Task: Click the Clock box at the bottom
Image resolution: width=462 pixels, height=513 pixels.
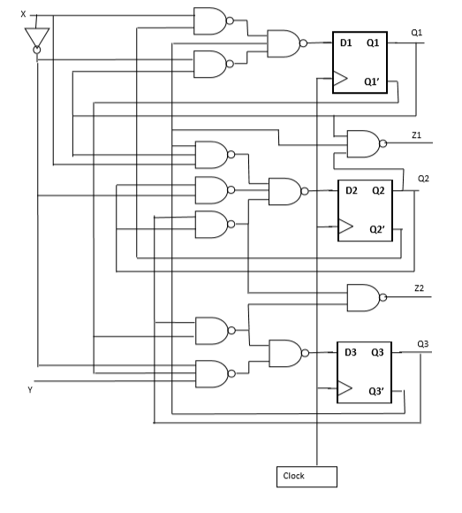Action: (x=306, y=476)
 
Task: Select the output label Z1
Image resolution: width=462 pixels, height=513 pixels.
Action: (x=417, y=134)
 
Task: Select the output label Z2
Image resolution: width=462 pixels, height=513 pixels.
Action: (x=419, y=289)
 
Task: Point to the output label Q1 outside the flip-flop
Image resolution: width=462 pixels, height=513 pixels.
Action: (x=417, y=32)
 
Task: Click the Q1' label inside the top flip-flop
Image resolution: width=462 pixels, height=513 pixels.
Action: (x=374, y=81)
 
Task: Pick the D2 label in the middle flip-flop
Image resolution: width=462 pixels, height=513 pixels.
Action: (x=351, y=189)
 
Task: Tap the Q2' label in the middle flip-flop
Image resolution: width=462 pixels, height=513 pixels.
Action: (x=378, y=229)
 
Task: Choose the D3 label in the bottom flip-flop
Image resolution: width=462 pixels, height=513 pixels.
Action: (x=351, y=351)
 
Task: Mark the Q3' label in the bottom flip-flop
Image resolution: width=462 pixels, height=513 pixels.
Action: (x=378, y=390)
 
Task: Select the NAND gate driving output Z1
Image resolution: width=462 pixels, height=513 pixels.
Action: (x=365, y=142)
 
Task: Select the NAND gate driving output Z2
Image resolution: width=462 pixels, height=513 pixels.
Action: (x=365, y=296)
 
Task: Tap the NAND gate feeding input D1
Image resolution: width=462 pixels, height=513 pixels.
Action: (x=284, y=42)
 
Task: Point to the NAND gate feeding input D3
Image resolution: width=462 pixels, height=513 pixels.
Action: (x=284, y=352)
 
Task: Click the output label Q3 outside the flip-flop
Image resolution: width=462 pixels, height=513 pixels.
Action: (x=422, y=343)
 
